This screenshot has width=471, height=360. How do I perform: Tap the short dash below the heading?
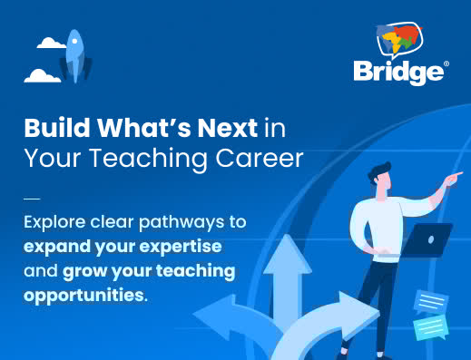tap(32, 195)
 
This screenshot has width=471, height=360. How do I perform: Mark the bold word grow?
tap(88, 271)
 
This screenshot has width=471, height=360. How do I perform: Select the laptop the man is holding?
tap(427, 238)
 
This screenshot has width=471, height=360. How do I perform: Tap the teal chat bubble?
tap(431, 326)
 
